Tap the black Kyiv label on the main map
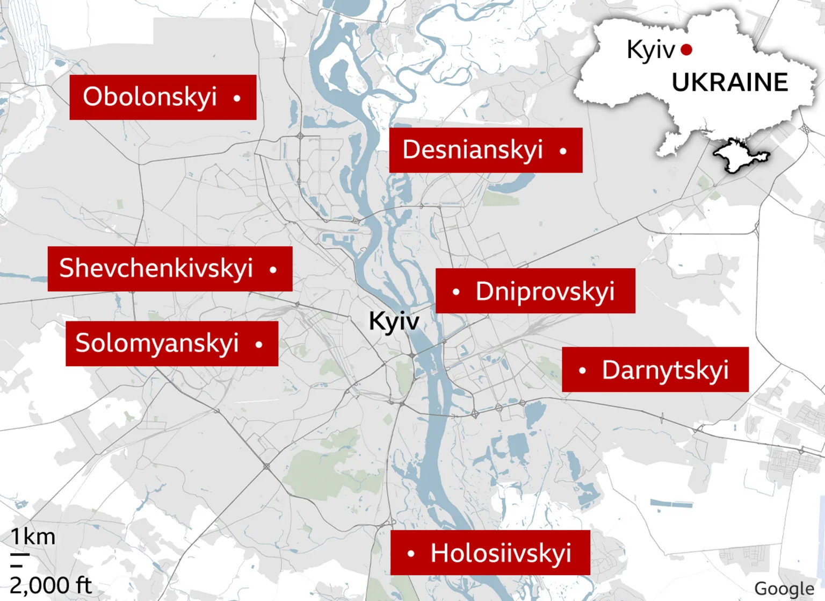point(394,321)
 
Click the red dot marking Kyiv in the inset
point(686,50)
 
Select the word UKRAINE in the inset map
point(729,83)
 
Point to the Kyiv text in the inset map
point(650,50)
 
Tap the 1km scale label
point(33,536)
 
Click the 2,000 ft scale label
point(50,585)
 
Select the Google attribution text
point(784,589)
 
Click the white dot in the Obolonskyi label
point(237,98)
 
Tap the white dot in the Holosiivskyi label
point(411,553)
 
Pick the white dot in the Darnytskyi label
point(582,370)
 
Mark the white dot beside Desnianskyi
point(563,151)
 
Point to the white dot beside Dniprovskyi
point(456,292)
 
